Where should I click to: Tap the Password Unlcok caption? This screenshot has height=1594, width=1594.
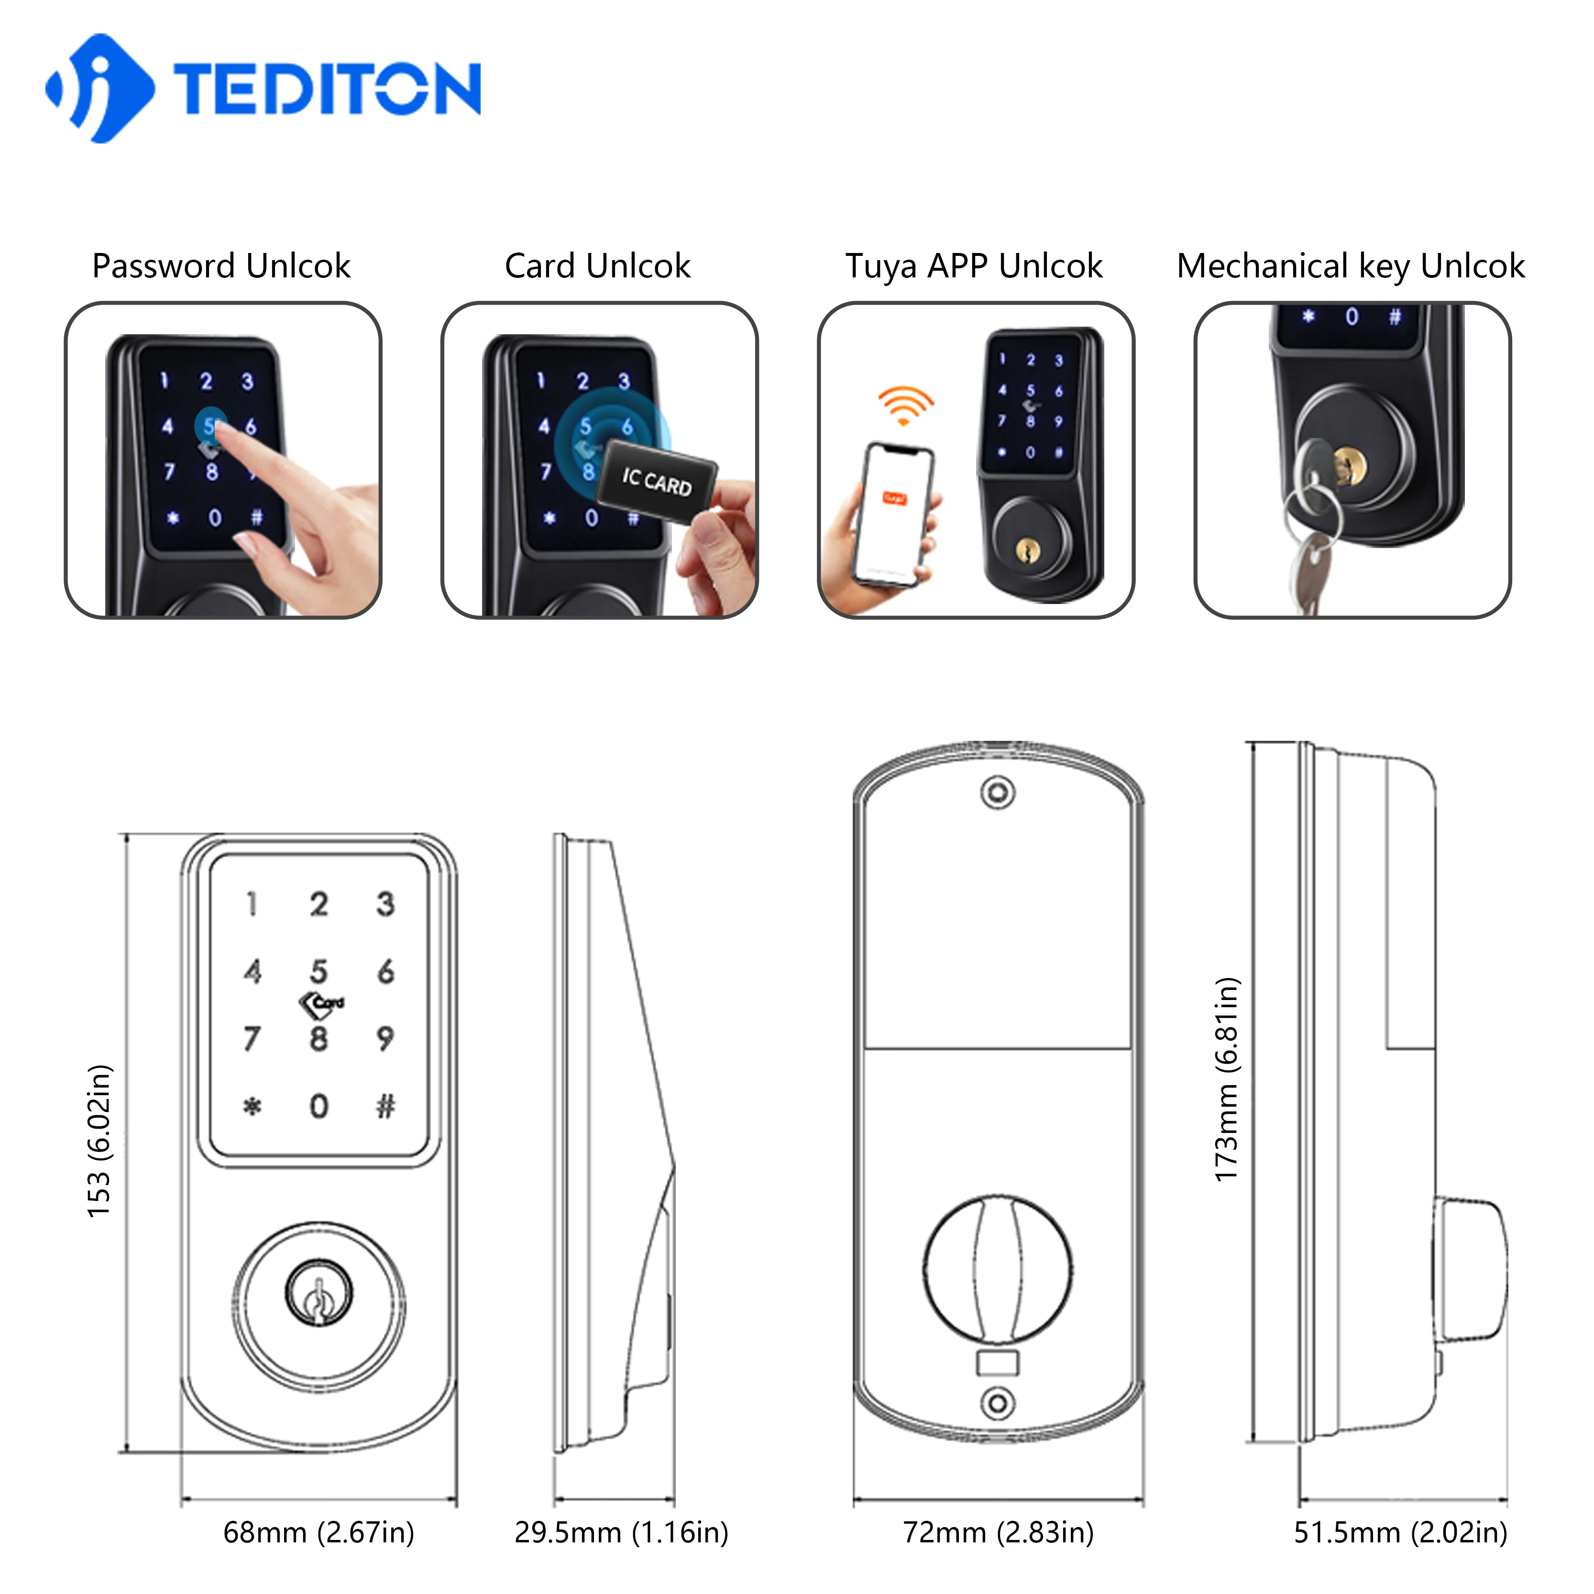[x=221, y=266]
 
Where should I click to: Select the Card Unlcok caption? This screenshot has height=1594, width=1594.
[x=597, y=266]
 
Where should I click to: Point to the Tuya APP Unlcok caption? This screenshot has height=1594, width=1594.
[x=974, y=266]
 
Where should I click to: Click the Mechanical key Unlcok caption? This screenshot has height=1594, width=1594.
[x=1351, y=266]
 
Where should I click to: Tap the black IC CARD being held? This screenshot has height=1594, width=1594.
[x=656, y=481]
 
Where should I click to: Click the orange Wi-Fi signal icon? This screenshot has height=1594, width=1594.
[x=905, y=404]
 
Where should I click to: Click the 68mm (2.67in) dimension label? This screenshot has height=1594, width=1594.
[x=319, y=1532]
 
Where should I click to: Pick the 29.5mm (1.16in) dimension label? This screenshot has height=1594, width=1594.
[x=621, y=1532]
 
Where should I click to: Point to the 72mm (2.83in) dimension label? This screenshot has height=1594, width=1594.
[x=998, y=1532]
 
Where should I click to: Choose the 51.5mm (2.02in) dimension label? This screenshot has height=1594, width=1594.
[x=1400, y=1532]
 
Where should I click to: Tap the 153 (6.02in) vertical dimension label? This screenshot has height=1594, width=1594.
[x=99, y=1141]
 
